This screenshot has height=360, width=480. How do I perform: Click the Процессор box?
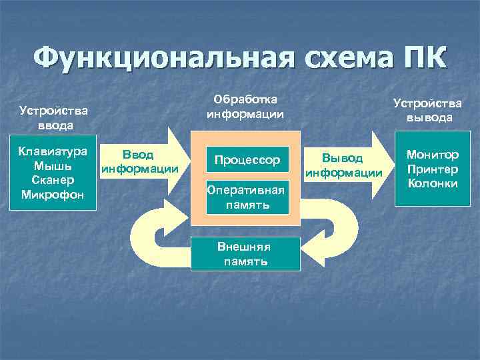[x=247, y=160]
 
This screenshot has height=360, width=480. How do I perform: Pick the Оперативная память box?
[x=247, y=197]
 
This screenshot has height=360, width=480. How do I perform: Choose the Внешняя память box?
[x=246, y=253]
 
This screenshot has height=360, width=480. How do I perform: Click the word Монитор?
[x=434, y=154]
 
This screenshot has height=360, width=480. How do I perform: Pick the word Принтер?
[x=434, y=169]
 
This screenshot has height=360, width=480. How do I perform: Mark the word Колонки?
[x=434, y=183]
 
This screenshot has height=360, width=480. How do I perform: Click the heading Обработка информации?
[x=245, y=107]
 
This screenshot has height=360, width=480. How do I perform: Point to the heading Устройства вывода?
[x=427, y=110]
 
